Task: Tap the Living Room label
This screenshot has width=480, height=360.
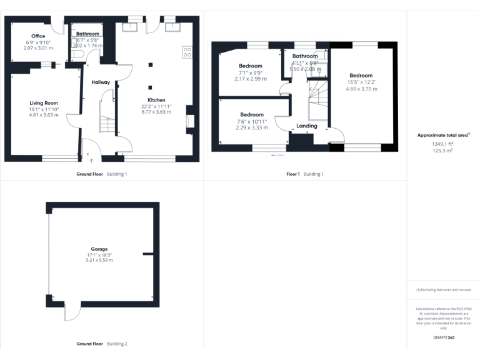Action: (x=43, y=103)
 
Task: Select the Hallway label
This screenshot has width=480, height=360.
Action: (x=101, y=82)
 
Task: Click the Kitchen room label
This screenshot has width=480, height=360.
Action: (x=156, y=100)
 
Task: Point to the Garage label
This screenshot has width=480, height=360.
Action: (x=100, y=249)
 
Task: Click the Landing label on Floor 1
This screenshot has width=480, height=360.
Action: (x=307, y=126)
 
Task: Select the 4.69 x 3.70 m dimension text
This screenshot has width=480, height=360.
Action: (x=362, y=89)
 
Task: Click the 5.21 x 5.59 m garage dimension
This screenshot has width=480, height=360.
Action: (x=100, y=260)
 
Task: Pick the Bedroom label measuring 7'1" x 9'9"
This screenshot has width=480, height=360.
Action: (x=251, y=66)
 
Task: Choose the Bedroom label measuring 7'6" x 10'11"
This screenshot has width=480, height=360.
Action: (x=251, y=114)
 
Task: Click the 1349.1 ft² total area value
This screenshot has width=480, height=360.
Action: (x=443, y=143)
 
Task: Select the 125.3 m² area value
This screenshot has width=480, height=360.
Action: (x=443, y=150)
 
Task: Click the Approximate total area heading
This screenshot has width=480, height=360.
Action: (x=443, y=135)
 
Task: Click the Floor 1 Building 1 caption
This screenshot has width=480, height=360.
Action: (x=305, y=174)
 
